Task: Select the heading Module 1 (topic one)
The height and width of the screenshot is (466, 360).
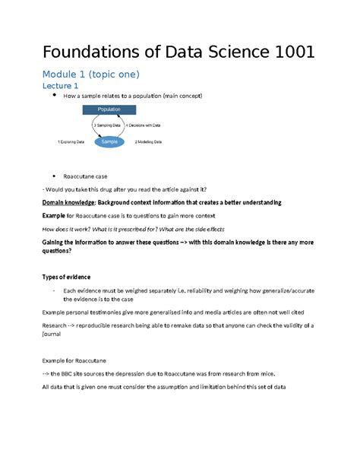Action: click(90, 74)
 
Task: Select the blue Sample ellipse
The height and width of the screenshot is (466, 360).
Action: click(111, 142)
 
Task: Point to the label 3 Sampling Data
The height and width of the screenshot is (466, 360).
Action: click(109, 125)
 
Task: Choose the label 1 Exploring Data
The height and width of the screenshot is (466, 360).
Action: click(74, 142)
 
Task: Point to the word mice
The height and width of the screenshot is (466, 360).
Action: click(254, 374)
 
